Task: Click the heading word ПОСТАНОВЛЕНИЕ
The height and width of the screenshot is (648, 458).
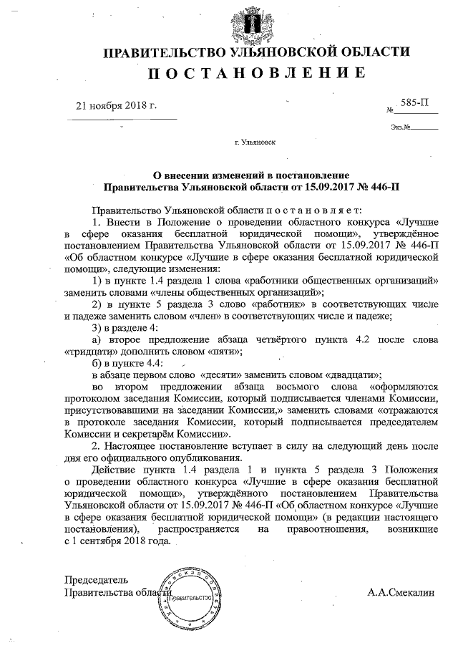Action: [x=257, y=73]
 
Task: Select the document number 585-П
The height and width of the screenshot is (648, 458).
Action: [x=415, y=103]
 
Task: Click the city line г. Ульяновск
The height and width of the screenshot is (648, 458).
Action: [x=255, y=143]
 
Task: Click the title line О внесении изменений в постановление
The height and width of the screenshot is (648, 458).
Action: [x=252, y=175]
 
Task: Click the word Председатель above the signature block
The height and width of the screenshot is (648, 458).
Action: [x=97, y=579]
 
